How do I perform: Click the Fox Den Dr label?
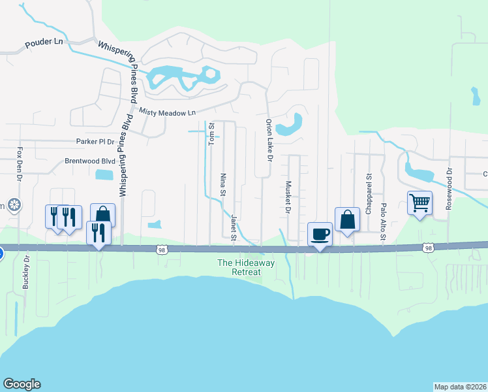[20, 164]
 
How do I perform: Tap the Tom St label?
[211, 137]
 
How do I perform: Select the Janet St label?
[233, 227]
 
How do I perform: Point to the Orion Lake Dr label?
[268, 140]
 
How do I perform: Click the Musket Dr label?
[288, 198]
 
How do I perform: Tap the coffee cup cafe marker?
[320, 234]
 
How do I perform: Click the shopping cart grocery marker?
[420, 203]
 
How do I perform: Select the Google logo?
[22, 384]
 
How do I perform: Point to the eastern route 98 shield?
[427, 248]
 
